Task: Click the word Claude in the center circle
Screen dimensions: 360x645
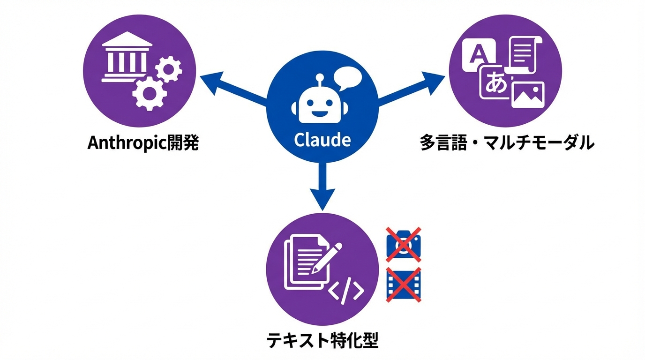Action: coord(322,140)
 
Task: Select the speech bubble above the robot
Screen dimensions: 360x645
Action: coord(347,78)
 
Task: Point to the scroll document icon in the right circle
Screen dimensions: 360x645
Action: coord(524,55)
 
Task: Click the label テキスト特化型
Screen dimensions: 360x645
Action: coord(322,340)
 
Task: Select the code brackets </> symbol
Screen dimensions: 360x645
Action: coord(345,292)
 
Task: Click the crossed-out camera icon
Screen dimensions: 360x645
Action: coord(403,244)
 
